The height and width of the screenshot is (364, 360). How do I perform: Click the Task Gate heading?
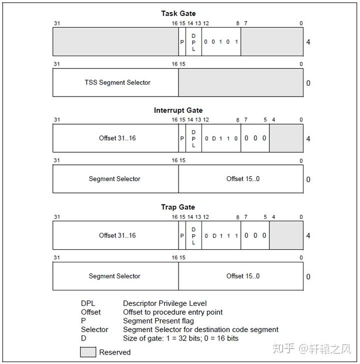coord(178,14)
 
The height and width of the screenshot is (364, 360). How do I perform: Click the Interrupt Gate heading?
coord(178,110)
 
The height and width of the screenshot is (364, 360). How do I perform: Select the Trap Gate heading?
coord(178,207)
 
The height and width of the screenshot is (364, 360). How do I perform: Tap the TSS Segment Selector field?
coord(117,82)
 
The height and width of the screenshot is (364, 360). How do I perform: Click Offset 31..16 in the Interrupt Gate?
coord(117,138)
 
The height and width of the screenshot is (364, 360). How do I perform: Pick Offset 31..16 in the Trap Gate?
coord(117,235)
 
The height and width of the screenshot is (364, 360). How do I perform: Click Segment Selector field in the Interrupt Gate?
coord(114,179)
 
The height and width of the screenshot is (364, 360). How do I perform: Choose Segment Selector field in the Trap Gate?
coord(114,276)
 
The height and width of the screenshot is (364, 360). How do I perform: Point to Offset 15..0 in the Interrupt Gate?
coord(242,179)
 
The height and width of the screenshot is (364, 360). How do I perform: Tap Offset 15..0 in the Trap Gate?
coord(242,276)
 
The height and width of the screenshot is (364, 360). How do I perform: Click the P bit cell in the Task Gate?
coord(182,42)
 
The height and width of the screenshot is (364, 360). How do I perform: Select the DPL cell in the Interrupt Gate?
coord(193,138)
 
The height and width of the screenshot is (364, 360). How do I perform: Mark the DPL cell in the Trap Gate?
coord(193,235)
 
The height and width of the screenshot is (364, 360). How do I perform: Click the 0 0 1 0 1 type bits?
coord(221,42)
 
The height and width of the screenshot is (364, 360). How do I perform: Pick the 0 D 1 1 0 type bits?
coord(221,138)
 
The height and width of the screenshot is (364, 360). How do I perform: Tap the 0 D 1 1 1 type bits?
coord(221,235)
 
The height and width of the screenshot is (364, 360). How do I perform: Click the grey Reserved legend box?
coord(88,352)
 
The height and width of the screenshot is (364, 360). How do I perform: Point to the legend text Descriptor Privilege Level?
coord(164,303)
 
